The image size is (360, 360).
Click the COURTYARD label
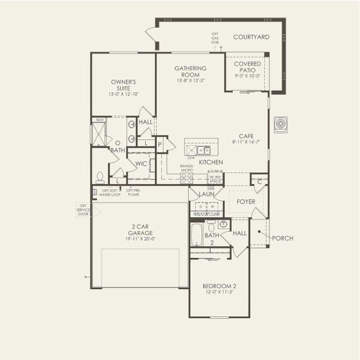[x=251, y=37]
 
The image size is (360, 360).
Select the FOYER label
[x=246, y=202]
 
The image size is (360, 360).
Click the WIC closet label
[x=141, y=163]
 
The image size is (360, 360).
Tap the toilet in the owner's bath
[x=100, y=177]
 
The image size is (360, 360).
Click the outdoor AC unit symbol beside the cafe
[x=280, y=124]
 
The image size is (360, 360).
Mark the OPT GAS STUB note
[x=215, y=38]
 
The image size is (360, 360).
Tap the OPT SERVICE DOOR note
[x=83, y=209]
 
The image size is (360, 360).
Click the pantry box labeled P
[x=160, y=145]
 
